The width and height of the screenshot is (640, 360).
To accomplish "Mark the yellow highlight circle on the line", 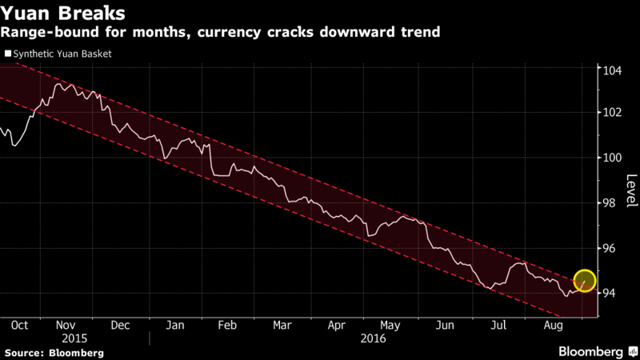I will pyautogui.click(x=585, y=280).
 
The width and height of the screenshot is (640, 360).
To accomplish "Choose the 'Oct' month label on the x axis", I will pyautogui.click(x=21, y=326).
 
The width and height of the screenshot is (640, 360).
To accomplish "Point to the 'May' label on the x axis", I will pyautogui.click(x=390, y=326).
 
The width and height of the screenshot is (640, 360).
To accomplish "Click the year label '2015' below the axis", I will pyautogui.click(x=74, y=338).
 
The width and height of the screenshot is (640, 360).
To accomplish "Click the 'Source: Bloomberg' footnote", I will pyautogui.click(x=54, y=352).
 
